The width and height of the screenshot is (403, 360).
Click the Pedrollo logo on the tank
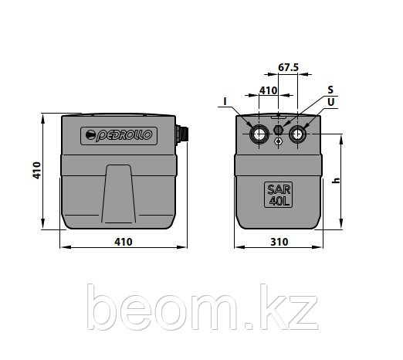tap(119, 136)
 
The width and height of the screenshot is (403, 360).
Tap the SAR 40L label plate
tap(278, 195)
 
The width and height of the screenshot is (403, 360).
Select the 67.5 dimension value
tap(288, 67)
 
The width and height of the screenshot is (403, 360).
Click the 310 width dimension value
tap(279, 242)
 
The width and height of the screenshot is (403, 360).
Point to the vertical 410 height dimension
tap(37, 171)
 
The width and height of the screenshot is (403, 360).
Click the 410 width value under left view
tap(124, 242)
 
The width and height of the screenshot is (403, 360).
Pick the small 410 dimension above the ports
tap(268, 90)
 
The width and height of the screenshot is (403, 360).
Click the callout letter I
tap(225, 102)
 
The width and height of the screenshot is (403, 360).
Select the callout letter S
tap(330, 90)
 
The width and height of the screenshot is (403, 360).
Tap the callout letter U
tap(330, 102)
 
